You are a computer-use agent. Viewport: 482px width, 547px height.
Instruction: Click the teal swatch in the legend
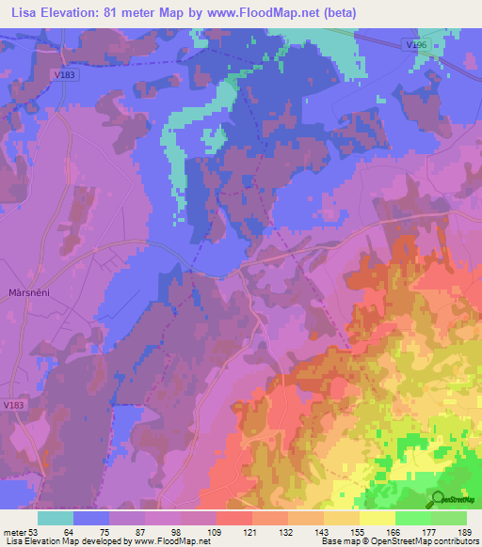tap(56, 518)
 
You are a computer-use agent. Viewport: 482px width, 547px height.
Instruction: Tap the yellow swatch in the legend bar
tap(377, 518)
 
